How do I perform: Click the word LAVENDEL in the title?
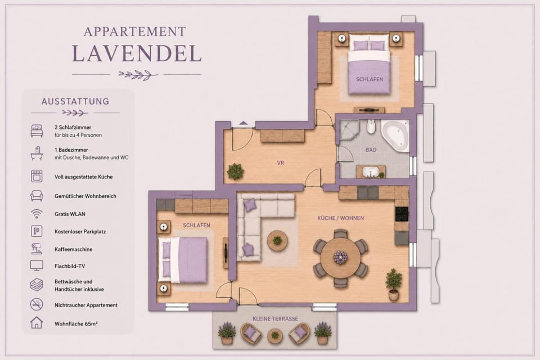pyautogui.click(x=137, y=54)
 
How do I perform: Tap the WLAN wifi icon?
pyautogui.click(x=37, y=214)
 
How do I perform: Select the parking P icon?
pyautogui.click(x=37, y=231)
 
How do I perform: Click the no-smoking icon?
pyautogui.click(x=37, y=304)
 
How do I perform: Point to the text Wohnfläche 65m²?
pyautogui.click(x=76, y=324)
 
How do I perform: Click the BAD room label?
pyautogui.click(x=371, y=150)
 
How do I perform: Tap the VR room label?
pyautogui.click(x=280, y=163)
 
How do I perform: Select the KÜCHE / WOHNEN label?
pyautogui.click(x=341, y=218)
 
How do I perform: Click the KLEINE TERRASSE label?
pyautogui.click(x=275, y=319)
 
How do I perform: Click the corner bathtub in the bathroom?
pyautogui.click(x=396, y=136)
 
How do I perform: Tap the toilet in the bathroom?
pyautogui.click(x=371, y=127)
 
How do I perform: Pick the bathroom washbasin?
pyautogui.click(x=371, y=171)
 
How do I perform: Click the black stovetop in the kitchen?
pyautogui.click(x=402, y=214)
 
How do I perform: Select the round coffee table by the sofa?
pyautogui.click(x=277, y=240)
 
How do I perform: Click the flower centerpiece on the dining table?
pyautogui.click(x=341, y=257)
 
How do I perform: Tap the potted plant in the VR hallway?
pyautogui.click(x=236, y=171)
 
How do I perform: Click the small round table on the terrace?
pyautogui.click(x=275, y=335)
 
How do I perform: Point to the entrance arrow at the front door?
pyautogui.click(x=244, y=123)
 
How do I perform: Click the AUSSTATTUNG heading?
pyautogui.click(x=75, y=102)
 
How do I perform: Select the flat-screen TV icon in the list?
pyautogui.click(x=37, y=265)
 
